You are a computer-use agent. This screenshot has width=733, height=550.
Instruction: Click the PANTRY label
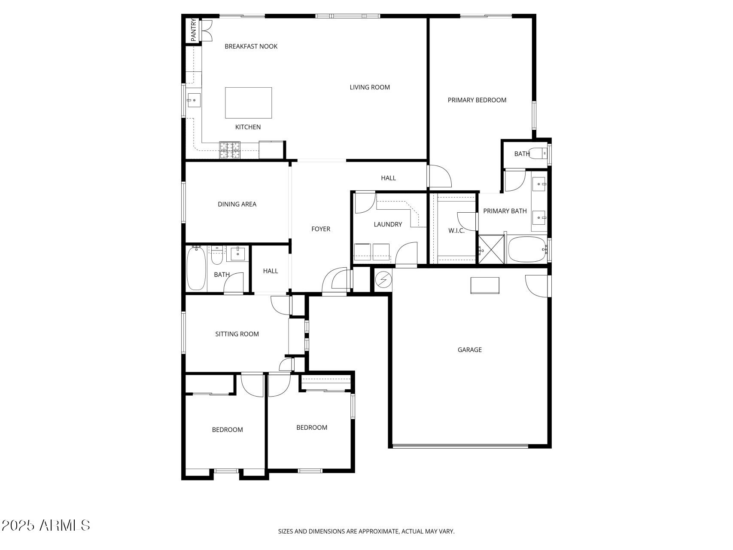click(193, 30)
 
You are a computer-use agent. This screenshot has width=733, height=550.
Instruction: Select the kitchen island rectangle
click(248, 103)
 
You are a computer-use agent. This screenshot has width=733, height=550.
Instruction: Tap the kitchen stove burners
click(230, 150)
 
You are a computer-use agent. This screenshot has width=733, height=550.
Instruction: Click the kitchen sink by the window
click(193, 100)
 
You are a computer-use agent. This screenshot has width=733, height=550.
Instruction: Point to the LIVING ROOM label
click(369, 87)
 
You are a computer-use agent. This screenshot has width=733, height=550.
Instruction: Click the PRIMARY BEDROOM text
click(477, 100)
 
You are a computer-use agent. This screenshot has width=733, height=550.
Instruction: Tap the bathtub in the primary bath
click(526, 249)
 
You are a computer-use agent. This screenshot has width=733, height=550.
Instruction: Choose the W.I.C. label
click(456, 231)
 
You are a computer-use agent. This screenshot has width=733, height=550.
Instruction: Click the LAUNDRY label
click(387, 224)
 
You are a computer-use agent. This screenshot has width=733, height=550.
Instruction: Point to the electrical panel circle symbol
click(383, 280)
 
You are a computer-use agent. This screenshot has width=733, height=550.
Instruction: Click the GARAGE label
click(469, 350)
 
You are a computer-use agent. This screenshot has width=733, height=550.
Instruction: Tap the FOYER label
click(320, 229)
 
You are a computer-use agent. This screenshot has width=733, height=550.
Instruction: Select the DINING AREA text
click(237, 204)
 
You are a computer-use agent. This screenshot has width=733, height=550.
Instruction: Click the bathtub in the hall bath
click(196, 268)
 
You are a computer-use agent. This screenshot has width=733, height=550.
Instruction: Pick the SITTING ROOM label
click(237, 334)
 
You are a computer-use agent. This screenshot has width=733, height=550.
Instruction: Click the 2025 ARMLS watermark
click(46, 525)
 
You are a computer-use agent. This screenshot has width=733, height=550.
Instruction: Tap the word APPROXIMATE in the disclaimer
click(378, 532)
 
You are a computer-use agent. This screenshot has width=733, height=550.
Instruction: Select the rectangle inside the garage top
click(484, 285)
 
